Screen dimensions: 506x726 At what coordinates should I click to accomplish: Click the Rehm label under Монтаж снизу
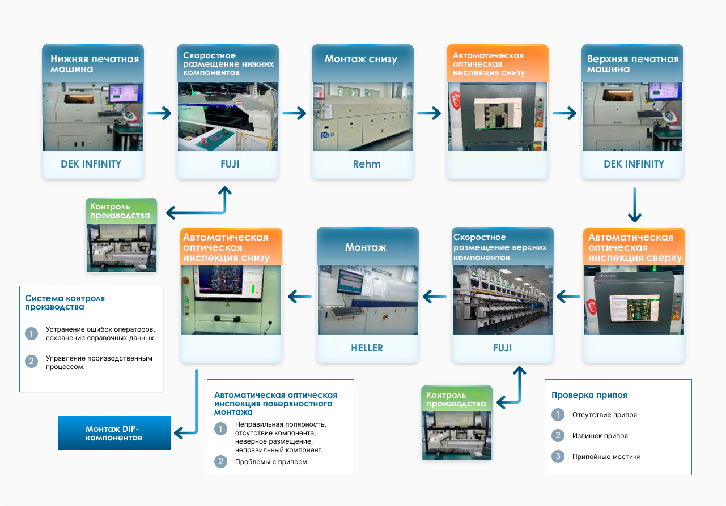[x=367, y=164]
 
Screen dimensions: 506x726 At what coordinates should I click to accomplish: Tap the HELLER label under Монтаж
[x=367, y=348]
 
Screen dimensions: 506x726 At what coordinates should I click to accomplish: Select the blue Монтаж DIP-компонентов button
[x=114, y=433]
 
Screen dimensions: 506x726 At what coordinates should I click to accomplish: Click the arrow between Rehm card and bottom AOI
[x=429, y=113]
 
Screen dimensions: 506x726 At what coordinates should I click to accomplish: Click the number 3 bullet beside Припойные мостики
[x=558, y=456]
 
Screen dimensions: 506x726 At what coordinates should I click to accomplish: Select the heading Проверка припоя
[x=589, y=395]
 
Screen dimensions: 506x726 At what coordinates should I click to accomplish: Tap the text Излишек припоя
[x=600, y=436]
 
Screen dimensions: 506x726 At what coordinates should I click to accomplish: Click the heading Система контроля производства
[x=65, y=302]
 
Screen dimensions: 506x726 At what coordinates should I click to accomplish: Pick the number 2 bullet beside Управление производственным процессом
[x=32, y=361]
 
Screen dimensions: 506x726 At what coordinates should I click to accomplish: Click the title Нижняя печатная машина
[x=94, y=63]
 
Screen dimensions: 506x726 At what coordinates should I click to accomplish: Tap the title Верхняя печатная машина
[x=632, y=63]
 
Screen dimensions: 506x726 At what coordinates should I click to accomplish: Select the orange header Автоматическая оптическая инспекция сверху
[x=634, y=247]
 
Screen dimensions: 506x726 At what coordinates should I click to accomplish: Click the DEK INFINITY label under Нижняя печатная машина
[x=91, y=164]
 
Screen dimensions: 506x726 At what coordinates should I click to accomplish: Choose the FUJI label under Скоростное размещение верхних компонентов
[x=502, y=348]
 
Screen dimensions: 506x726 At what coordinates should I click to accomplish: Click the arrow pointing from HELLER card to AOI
[x=300, y=295]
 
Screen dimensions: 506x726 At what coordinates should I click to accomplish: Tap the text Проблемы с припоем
[x=272, y=462]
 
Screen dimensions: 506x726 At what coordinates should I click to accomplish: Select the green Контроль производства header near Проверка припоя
[x=456, y=399]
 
